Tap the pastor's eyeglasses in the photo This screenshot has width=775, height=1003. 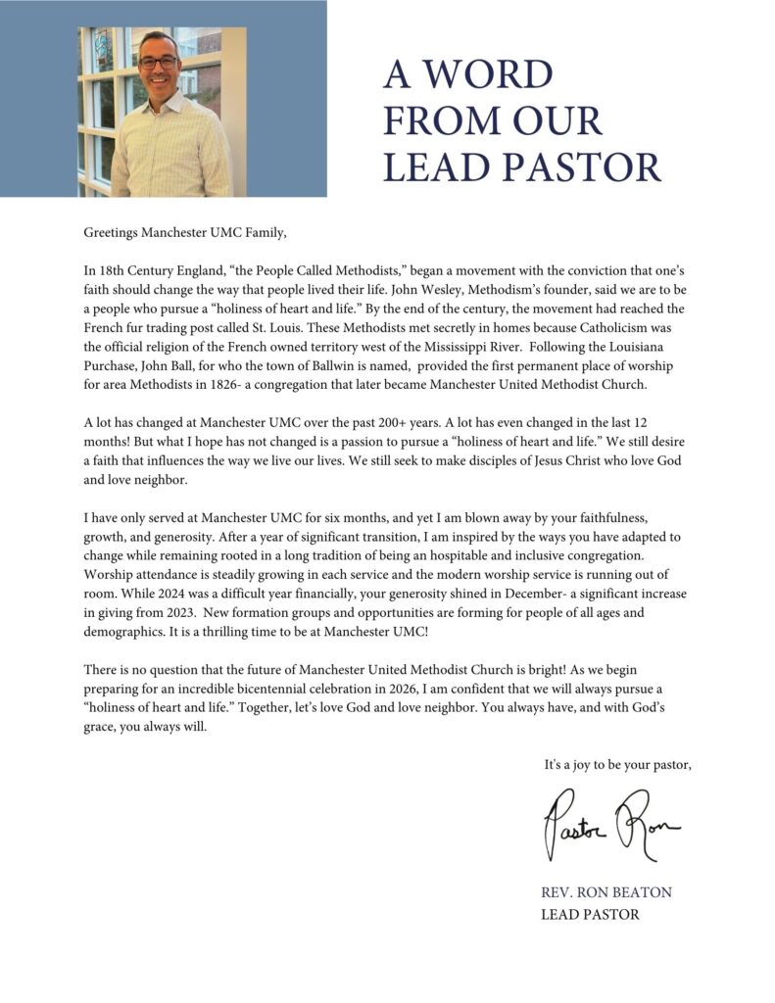click(159, 62)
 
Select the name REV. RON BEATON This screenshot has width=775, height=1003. click(606, 892)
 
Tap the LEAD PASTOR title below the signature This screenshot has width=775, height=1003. click(590, 914)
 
